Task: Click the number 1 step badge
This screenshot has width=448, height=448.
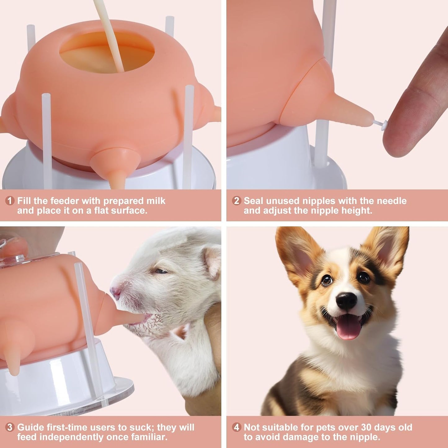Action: (x=10, y=201)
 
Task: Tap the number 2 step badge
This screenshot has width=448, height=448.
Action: (x=237, y=201)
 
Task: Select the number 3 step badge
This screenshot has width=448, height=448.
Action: (x=10, y=427)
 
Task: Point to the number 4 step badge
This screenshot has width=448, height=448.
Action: (x=237, y=427)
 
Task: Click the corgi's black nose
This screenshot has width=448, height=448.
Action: (x=346, y=300)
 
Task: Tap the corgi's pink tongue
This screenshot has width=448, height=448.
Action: (x=348, y=329)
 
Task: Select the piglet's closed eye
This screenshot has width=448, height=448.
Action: (x=160, y=271)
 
